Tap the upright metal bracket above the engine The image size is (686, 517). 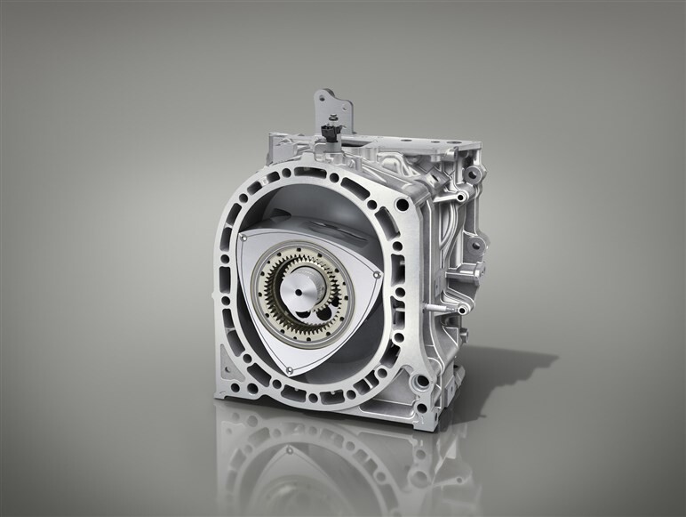pyautogui.click(x=338, y=112)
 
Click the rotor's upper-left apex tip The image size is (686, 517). pyautogui.click(x=243, y=238)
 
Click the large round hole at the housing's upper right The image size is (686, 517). pyautogui.click(x=403, y=206)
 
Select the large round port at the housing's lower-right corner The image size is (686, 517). pyautogui.click(x=422, y=384)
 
